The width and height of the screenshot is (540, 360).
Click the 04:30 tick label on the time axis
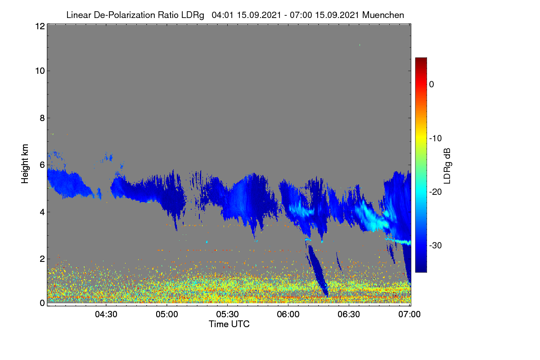pos(106,315)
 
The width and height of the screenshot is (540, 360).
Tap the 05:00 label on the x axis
pos(167,315)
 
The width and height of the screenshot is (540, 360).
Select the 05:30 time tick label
pos(227,315)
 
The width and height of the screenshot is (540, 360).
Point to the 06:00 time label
pos(288,315)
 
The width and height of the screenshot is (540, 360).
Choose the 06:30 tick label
pos(349,315)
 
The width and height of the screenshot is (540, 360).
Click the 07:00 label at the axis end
pos(409,315)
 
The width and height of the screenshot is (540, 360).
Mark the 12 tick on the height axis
pos(40,26)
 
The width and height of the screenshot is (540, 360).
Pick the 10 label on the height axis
pos(40,71)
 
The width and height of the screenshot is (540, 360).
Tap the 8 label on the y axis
pos(42,118)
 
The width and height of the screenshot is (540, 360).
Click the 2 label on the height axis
pos(42,259)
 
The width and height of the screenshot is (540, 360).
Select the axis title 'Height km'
pos(25,164)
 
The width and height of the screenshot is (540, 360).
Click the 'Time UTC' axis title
pos(229,324)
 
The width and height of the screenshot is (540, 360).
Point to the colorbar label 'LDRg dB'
pos(447,166)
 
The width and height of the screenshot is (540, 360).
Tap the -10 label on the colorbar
pos(436,139)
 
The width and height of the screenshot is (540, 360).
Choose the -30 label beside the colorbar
pos(436,245)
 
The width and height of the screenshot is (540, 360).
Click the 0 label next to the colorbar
pos(432,85)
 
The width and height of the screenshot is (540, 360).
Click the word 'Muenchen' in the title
pos(383,15)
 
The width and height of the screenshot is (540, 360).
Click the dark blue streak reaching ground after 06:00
pos(318,271)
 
